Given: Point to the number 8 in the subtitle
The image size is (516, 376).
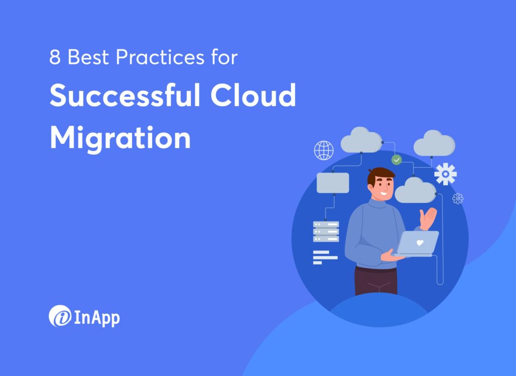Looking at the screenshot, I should coord(55,58).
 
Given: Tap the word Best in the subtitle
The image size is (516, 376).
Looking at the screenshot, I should coord(89,58).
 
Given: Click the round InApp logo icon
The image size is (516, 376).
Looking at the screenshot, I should coord(59,316).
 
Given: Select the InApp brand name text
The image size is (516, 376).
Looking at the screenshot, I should coord(97,317).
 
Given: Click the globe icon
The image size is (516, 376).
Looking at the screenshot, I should coord(324,150).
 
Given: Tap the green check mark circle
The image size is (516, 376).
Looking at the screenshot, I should coord(397,160).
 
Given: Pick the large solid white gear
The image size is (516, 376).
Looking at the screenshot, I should coord(445,174).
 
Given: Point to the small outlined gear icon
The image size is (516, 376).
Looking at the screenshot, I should coord(458,199).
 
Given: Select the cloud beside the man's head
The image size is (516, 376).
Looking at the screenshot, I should coord(415,190).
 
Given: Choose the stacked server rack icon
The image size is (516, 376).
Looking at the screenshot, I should coord(326,232).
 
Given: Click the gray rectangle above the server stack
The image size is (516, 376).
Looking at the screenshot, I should coord(333,183).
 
